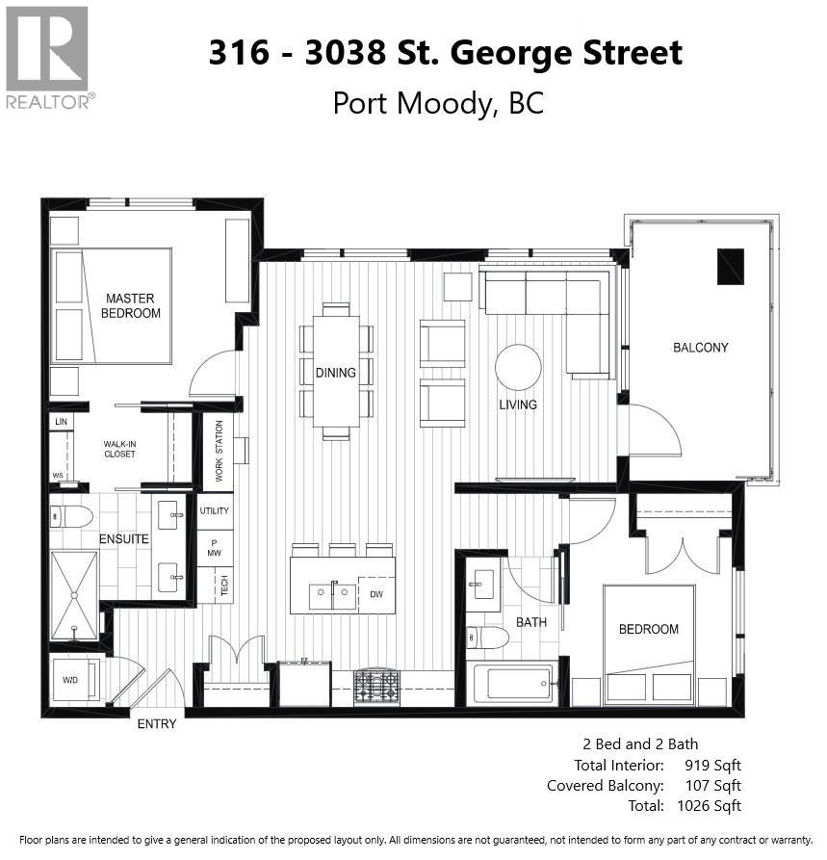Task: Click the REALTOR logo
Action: (x=48, y=57)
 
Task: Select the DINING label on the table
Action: (x=335, y=373)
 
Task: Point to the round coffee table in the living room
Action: (x=518, y=367)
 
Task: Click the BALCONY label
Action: (x=700, y=347)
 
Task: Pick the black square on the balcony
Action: (x=731, y=266)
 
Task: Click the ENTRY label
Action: (x=157, y=723)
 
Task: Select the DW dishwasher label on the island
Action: (x=376, y=594)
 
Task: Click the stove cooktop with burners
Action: (x=376, y=685)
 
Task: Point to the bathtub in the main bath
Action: (x=512, y=684)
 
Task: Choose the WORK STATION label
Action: (x=219, y=451)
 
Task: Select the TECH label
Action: (x=224, y=586)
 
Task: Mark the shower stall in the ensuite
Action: (x=74, y=594)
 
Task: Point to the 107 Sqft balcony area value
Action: (x=709, y=785)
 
